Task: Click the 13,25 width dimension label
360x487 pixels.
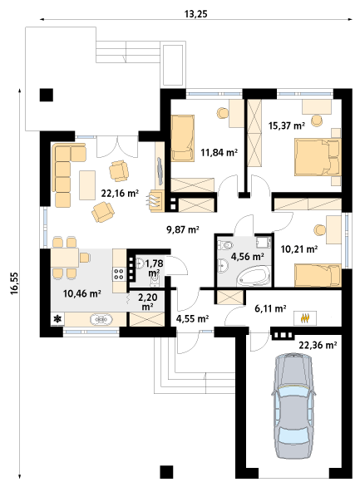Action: [195, 14]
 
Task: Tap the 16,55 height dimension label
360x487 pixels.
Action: [15, 283]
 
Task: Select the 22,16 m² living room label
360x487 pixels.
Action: [120, 193]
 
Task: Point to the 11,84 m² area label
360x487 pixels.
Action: [219, 152]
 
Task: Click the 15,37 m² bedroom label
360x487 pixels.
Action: [286, 125]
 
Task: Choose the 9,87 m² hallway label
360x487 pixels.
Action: [183, 229]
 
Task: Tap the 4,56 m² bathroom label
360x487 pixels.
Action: [248, 257]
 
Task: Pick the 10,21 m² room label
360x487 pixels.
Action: [299, 249]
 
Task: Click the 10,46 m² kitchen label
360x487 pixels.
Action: [82, 293]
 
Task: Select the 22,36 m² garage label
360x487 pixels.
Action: [318, 345]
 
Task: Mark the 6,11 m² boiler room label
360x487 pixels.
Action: [270, 308]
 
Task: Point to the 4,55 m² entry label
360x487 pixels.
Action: [192, 318]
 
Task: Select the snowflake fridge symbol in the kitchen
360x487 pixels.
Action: [57, 319]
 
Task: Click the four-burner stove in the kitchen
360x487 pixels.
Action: [119, 273]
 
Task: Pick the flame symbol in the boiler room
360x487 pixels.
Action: [305, 318]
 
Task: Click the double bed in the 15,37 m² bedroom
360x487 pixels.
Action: [318, 157]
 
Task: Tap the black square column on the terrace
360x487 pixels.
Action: [47, 95]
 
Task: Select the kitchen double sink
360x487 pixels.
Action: [101, 319]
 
